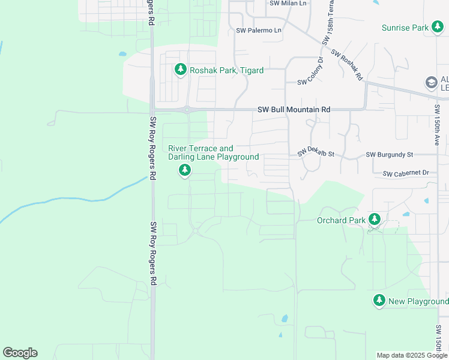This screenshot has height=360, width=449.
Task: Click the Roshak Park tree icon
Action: [180, 70]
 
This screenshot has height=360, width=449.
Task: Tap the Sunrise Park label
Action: [405, 28]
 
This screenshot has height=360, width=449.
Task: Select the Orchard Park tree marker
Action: [375, 219]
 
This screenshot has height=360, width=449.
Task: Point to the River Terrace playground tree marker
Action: [185, 171]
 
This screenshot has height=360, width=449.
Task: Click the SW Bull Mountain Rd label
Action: [294, 110]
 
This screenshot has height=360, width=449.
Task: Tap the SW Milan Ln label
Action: [288, 3]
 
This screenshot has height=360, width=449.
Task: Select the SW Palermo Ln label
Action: [259, 30]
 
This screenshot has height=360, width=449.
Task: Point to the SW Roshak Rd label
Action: [347, 65]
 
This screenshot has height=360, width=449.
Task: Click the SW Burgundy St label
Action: [390, 154]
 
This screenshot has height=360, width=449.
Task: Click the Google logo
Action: [20, 353]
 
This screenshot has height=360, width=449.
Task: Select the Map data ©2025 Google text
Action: [412, 355]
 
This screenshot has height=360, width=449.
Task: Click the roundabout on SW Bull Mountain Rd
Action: [187, 109]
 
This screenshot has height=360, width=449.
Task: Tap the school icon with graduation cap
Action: [430, 82]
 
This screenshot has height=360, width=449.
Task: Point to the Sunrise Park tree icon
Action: [438, 27]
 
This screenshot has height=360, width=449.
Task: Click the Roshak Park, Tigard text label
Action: [226, 70]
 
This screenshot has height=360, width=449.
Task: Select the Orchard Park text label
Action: [341, 220]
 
